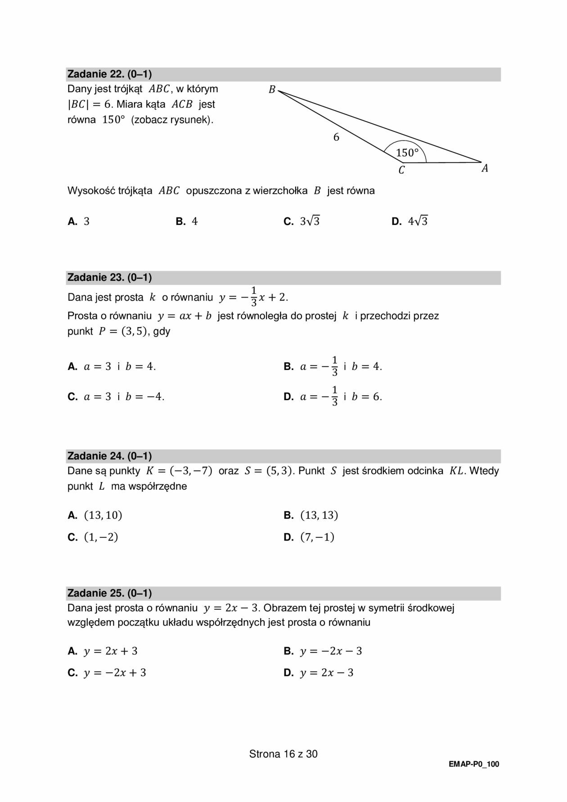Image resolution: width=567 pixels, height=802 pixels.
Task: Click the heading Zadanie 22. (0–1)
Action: coord(109,74)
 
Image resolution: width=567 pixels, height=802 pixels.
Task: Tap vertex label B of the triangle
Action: coord(272,90)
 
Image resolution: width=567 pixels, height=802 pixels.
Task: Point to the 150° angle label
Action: coord(407,153)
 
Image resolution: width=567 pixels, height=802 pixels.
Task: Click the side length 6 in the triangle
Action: coord(336,137)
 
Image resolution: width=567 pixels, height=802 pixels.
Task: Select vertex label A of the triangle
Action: coord(485,168)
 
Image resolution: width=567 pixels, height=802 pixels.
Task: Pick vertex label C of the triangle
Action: coord(401,170)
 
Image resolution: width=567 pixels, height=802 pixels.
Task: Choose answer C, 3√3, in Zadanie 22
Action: coord(302,221)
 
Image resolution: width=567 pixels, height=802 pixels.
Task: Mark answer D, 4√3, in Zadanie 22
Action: coord(410,221)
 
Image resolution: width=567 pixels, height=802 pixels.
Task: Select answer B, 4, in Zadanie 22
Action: coord(187,221)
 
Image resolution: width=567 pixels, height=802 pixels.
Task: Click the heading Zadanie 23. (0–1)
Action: coord(109,278)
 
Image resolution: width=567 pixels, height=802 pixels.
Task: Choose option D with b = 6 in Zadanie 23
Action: coord(333,396)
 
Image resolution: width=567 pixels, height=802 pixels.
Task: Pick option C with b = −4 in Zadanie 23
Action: coord(116,396)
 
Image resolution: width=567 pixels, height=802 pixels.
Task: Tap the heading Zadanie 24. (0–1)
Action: coord(109,456)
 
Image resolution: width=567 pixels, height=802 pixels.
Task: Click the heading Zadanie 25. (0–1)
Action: coord(109,593)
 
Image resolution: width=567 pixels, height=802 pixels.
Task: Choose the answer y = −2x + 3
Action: coord(107,673)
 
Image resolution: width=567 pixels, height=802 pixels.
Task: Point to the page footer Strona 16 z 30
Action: coord(283,754)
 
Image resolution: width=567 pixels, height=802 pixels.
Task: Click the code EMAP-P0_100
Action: coord(474,764)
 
